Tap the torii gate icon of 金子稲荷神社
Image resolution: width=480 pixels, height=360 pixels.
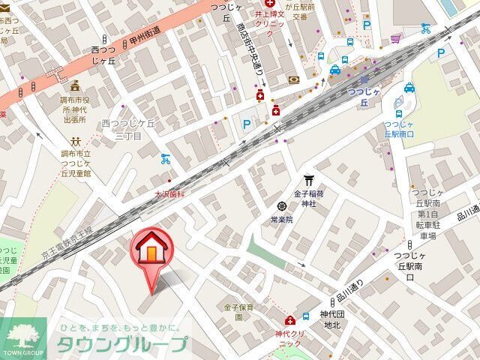(x=308, y=180)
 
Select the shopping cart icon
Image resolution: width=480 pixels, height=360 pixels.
(x=394, y=38)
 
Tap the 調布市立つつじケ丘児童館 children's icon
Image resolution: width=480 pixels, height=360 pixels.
(x=75, y=141)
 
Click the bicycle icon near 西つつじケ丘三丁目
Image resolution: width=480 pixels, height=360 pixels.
(x=166, y=159)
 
